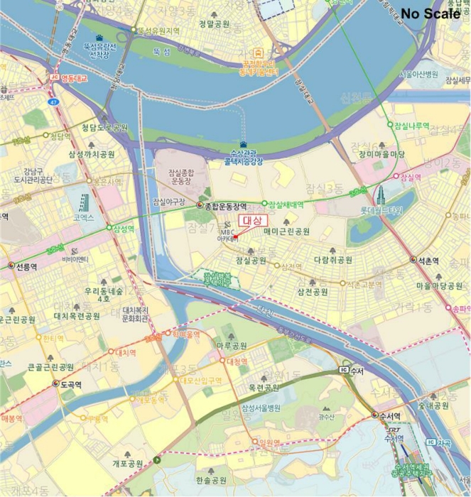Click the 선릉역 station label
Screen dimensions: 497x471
click(x=25, y=266)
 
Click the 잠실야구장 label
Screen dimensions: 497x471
click(x=169, y=202)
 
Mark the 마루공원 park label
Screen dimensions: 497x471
click(x=232, y=346)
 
